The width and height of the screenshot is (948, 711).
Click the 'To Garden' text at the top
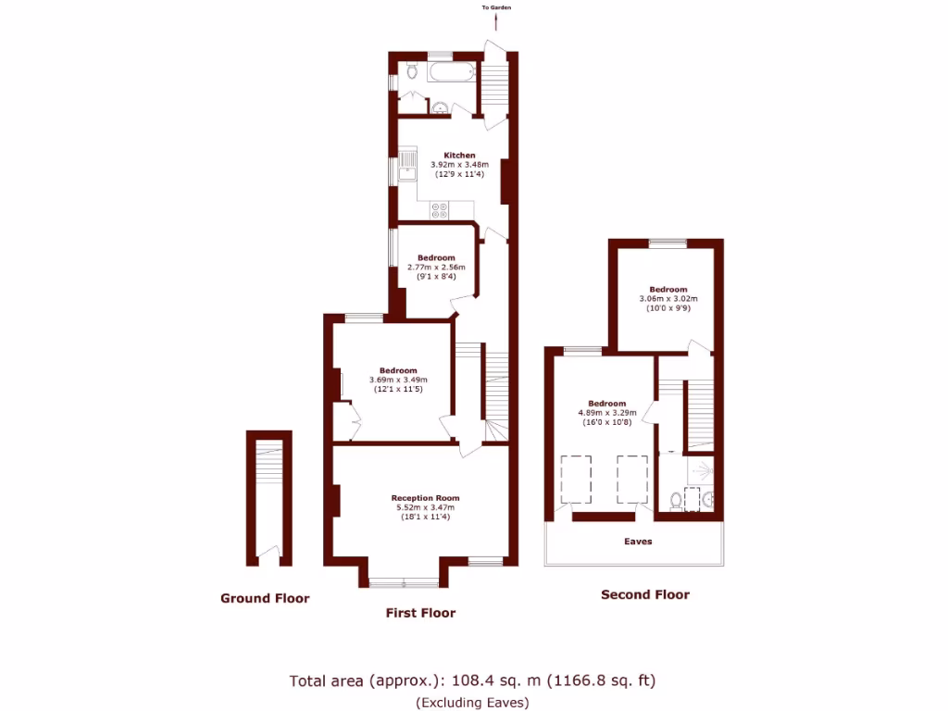[496, 7]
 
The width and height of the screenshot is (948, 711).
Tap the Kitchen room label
[459, 156]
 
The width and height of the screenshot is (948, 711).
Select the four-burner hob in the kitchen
[439, 210]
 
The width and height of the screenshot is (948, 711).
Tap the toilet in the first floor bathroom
[412, 70]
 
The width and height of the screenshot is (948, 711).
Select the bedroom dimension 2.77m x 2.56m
[435, 267]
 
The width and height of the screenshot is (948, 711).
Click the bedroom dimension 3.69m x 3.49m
[398, 380]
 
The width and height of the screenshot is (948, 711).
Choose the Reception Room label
[425, 498]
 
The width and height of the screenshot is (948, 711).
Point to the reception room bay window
[404, 582]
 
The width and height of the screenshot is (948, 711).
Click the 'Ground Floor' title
[265, 598]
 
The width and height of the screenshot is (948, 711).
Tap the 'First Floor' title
[420, 613]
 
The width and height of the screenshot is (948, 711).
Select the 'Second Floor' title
[645, 594]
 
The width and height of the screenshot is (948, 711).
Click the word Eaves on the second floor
[638, 542]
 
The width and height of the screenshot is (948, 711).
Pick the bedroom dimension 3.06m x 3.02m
[667, 299]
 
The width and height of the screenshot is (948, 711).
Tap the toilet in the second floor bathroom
[676, 501]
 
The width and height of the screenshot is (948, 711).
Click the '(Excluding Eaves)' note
[472, 702]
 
